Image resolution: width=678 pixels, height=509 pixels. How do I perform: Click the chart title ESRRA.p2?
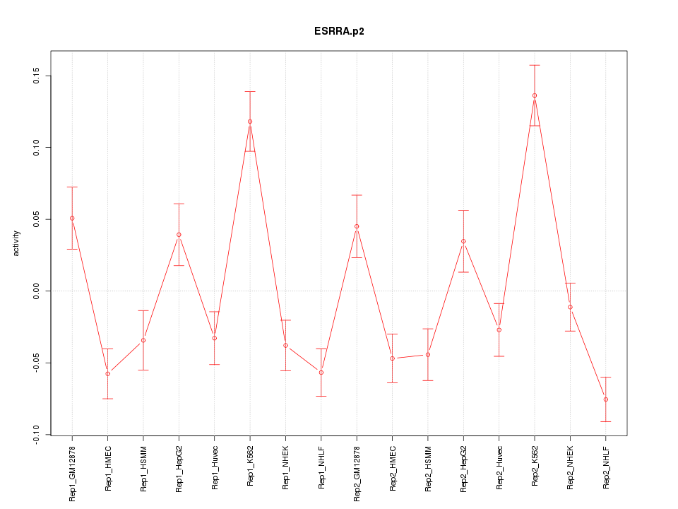coord(339,31)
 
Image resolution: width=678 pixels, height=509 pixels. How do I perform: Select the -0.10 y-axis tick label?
coord(35,434)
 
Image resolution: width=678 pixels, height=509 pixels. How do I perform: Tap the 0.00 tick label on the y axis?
coord(35,291)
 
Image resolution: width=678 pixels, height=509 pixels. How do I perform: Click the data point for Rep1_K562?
coord(250,122)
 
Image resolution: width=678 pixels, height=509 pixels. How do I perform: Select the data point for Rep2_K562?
coord(535,95)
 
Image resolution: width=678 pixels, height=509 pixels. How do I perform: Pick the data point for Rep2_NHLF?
coord(606,399)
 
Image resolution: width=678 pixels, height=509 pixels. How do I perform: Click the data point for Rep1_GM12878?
coord(72,218)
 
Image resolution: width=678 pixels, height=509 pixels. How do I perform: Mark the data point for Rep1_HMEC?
coord(108,373)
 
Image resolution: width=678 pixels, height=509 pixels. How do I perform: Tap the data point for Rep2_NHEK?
coord(570,307)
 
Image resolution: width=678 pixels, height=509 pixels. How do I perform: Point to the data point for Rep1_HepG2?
coord(179,235)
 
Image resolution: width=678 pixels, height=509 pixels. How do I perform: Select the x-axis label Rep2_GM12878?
coord(357,472)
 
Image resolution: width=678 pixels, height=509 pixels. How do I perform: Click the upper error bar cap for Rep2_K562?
coord(535,65)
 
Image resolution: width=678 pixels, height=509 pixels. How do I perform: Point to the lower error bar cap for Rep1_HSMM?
coord(143,370)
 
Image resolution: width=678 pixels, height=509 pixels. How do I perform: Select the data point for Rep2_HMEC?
coord(392,358)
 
